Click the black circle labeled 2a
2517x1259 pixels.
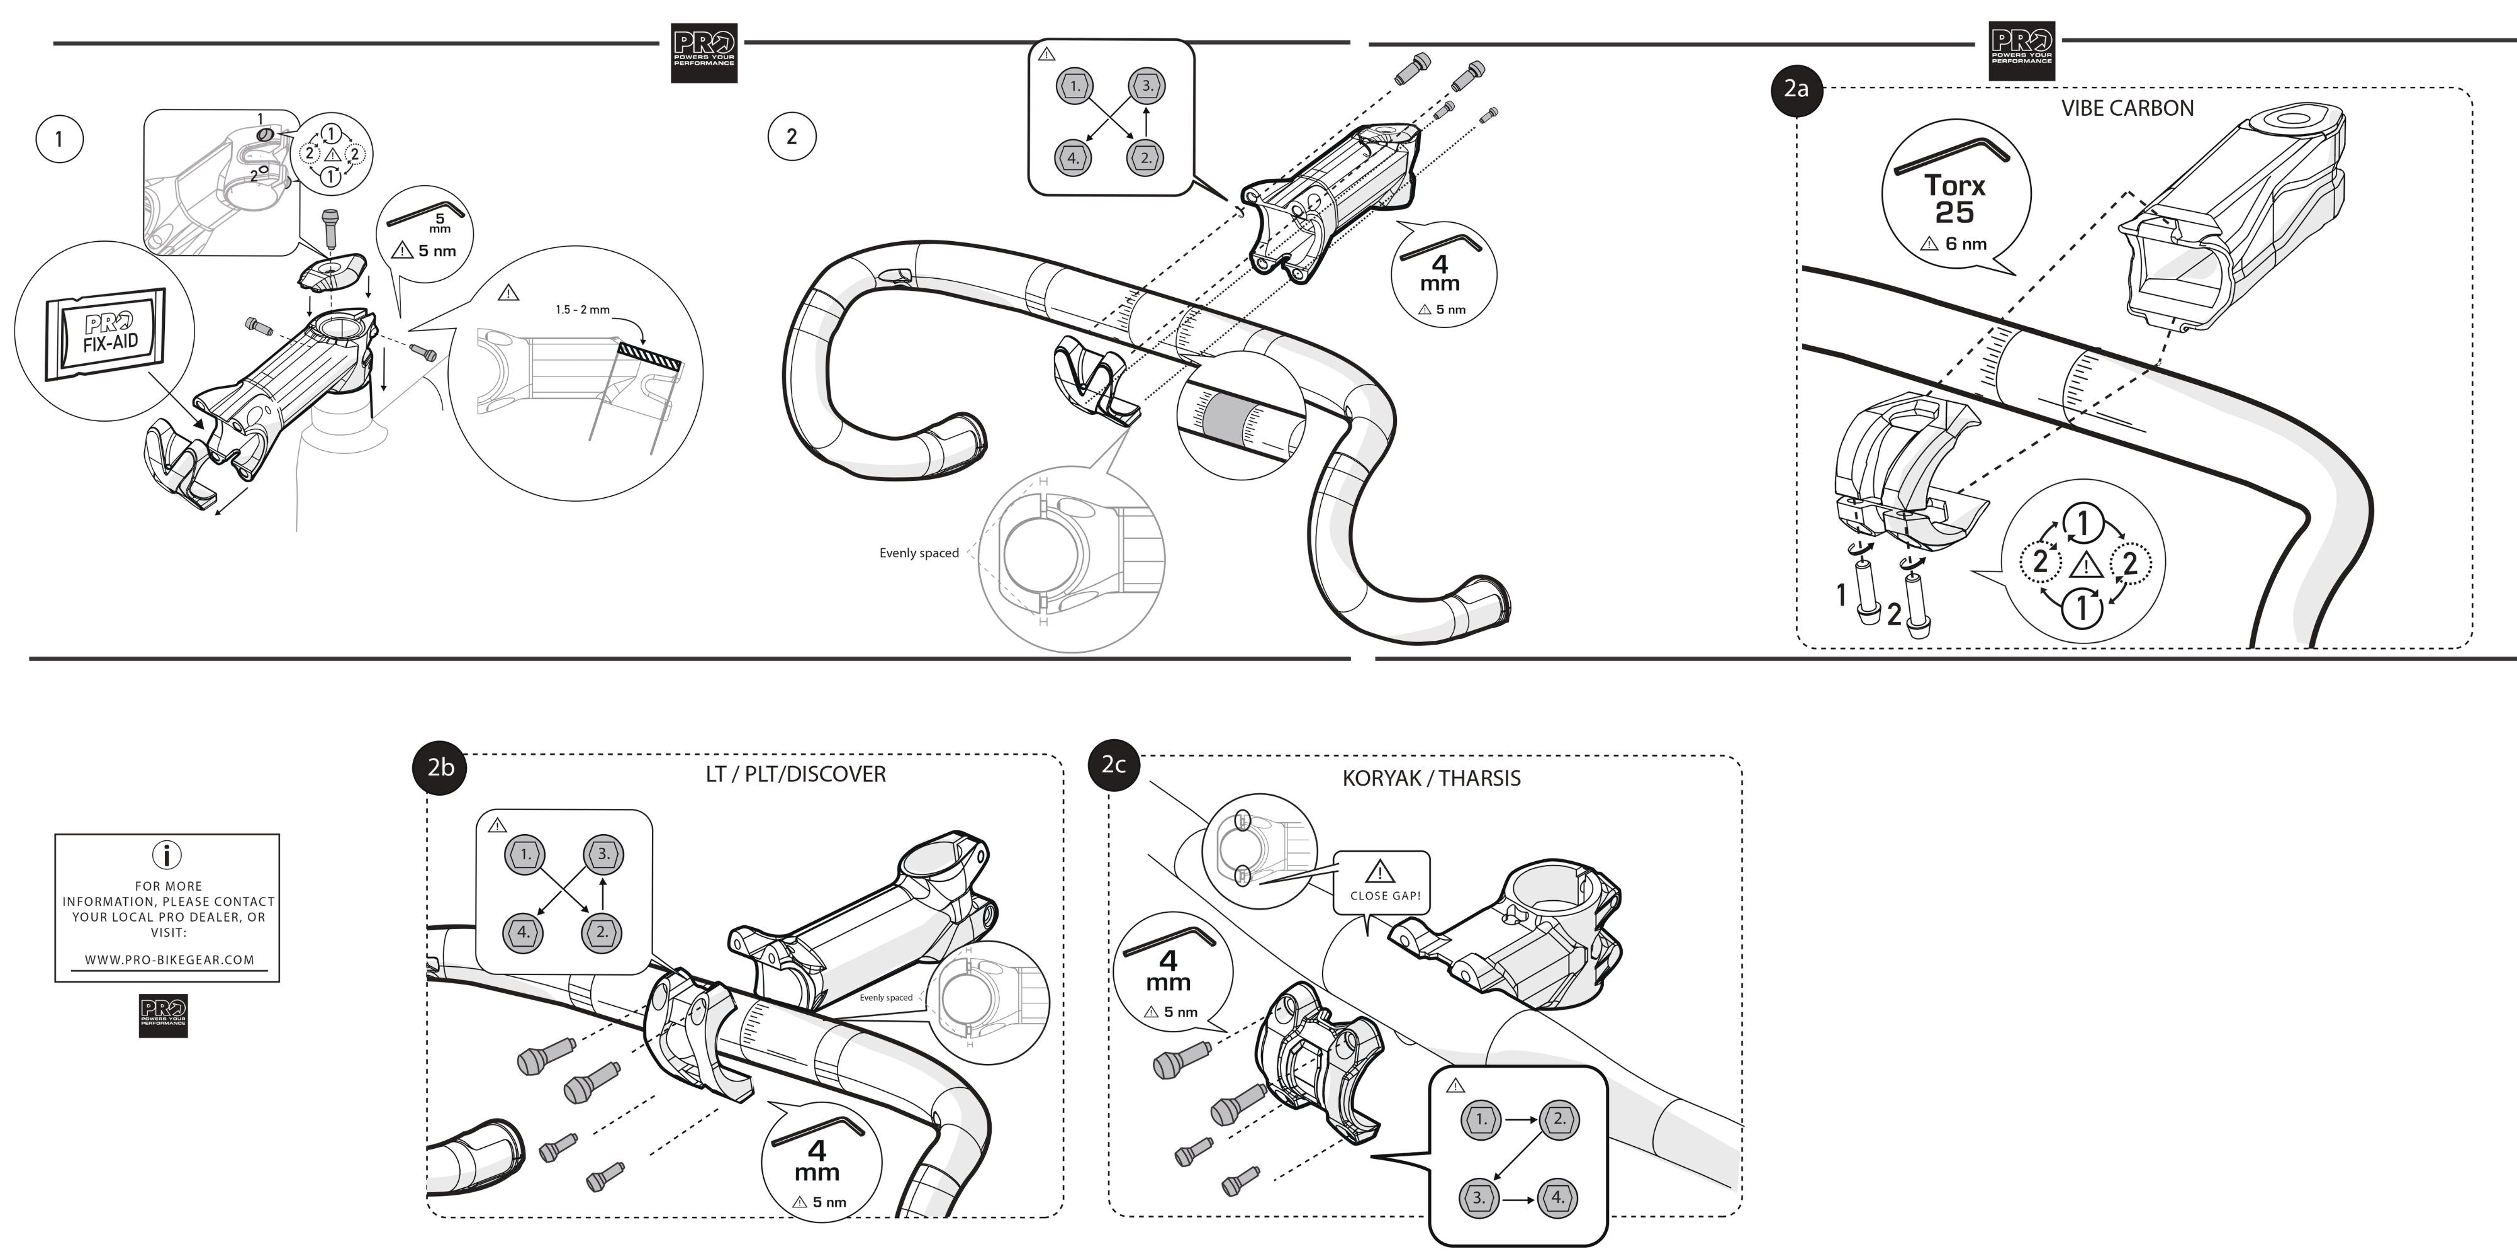click(1796, 89)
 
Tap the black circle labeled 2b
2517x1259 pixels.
click(440, 767)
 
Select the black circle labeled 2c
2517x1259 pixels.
click(1114, 764)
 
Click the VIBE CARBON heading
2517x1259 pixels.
click(2127, 108)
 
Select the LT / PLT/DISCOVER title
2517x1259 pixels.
click(795, 774)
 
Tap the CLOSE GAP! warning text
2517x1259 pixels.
click(1384, 895)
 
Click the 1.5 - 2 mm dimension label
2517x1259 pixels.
click(582, 310)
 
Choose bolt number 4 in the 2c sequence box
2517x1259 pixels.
click(1557, 1197)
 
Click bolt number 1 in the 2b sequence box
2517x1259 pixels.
click(525, 854)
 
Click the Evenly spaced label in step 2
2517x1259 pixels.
click(919, 553)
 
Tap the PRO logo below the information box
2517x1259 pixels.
click(163, 1017)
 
